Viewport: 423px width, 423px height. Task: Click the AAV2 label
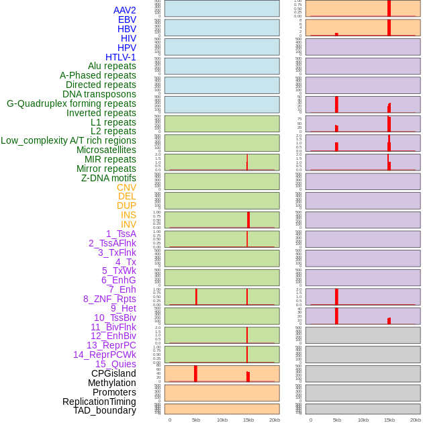click(125, 10)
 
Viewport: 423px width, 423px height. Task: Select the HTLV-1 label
click(121, 57)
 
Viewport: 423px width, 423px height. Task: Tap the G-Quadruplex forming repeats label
click(71, 103)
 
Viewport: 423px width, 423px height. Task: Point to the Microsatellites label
click(106, 150)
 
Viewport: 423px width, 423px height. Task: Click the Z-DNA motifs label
click(109, 178)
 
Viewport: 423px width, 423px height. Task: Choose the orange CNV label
click(126, 187)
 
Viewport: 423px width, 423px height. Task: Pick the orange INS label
click(128, 215)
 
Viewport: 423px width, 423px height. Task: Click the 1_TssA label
click(121, 234)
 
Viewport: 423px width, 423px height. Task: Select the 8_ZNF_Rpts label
click(109, 299)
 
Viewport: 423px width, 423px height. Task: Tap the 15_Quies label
click(115, 364)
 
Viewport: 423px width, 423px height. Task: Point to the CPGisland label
click(113, 373)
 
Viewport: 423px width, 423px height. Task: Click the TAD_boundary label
click(105, 410)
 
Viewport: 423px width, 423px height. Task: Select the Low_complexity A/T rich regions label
click(68, 140)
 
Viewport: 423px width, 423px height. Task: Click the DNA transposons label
click(99, 94)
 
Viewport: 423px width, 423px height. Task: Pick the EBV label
click(127, 19)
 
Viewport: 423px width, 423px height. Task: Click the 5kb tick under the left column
click(196, 420)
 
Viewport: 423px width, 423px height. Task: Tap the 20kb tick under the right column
click(416, 420)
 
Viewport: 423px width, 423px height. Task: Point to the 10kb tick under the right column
click(363, 420)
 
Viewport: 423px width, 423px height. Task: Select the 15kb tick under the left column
click(248, 420)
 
